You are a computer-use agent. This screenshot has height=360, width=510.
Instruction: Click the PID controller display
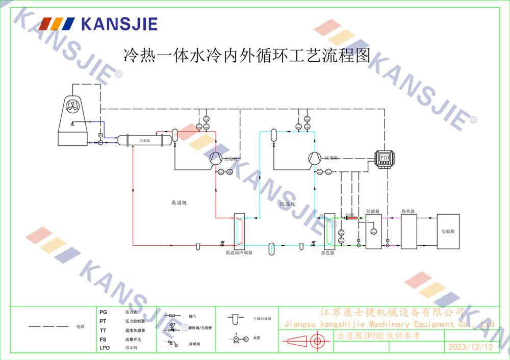pos(385,158)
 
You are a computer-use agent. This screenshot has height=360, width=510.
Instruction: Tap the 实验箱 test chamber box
pos(447,232)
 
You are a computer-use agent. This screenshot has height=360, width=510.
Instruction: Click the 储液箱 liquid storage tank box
pos(373,232)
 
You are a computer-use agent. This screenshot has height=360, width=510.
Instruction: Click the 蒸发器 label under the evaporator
pos(327,252)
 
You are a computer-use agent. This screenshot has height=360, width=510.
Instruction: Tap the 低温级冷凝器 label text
pos(239,252)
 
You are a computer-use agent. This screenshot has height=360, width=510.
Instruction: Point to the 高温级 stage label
pos(179,203)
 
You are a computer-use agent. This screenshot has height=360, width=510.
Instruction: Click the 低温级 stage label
pos(287,203)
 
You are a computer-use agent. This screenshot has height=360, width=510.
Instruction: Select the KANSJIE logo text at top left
pos(119,23)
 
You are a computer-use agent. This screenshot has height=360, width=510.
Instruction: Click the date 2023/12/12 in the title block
pos(470,347)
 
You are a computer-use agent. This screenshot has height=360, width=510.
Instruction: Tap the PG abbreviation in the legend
pos(104,311)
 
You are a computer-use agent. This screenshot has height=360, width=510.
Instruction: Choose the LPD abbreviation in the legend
pos(105,348)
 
